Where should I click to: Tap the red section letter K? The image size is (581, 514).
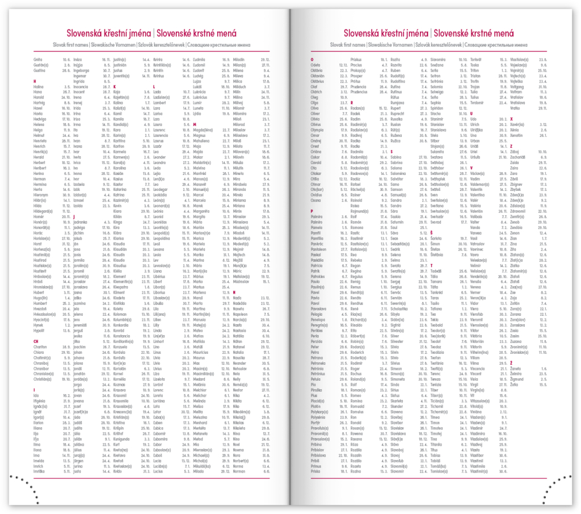coord(114,86)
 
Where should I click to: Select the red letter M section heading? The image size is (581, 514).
coord(194,124)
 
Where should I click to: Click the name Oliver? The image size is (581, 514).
coord(315,114)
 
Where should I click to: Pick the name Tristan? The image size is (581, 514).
coord(475,76)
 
